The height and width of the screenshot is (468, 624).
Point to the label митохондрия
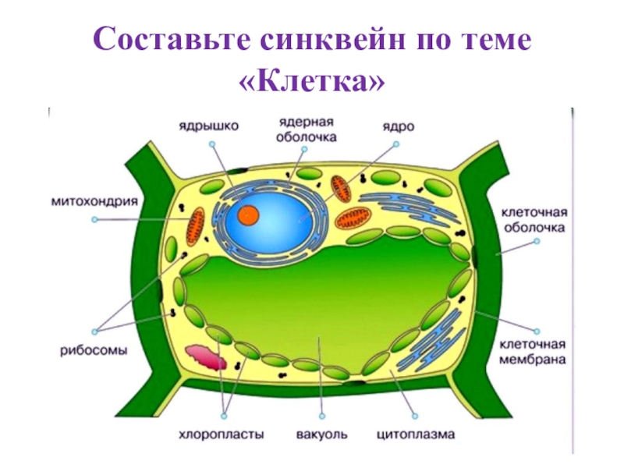pos(94,200)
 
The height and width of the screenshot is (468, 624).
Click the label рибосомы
pos(96,350)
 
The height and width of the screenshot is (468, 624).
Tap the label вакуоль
pos(322,433)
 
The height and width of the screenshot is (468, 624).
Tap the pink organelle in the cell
pos(211,359)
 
